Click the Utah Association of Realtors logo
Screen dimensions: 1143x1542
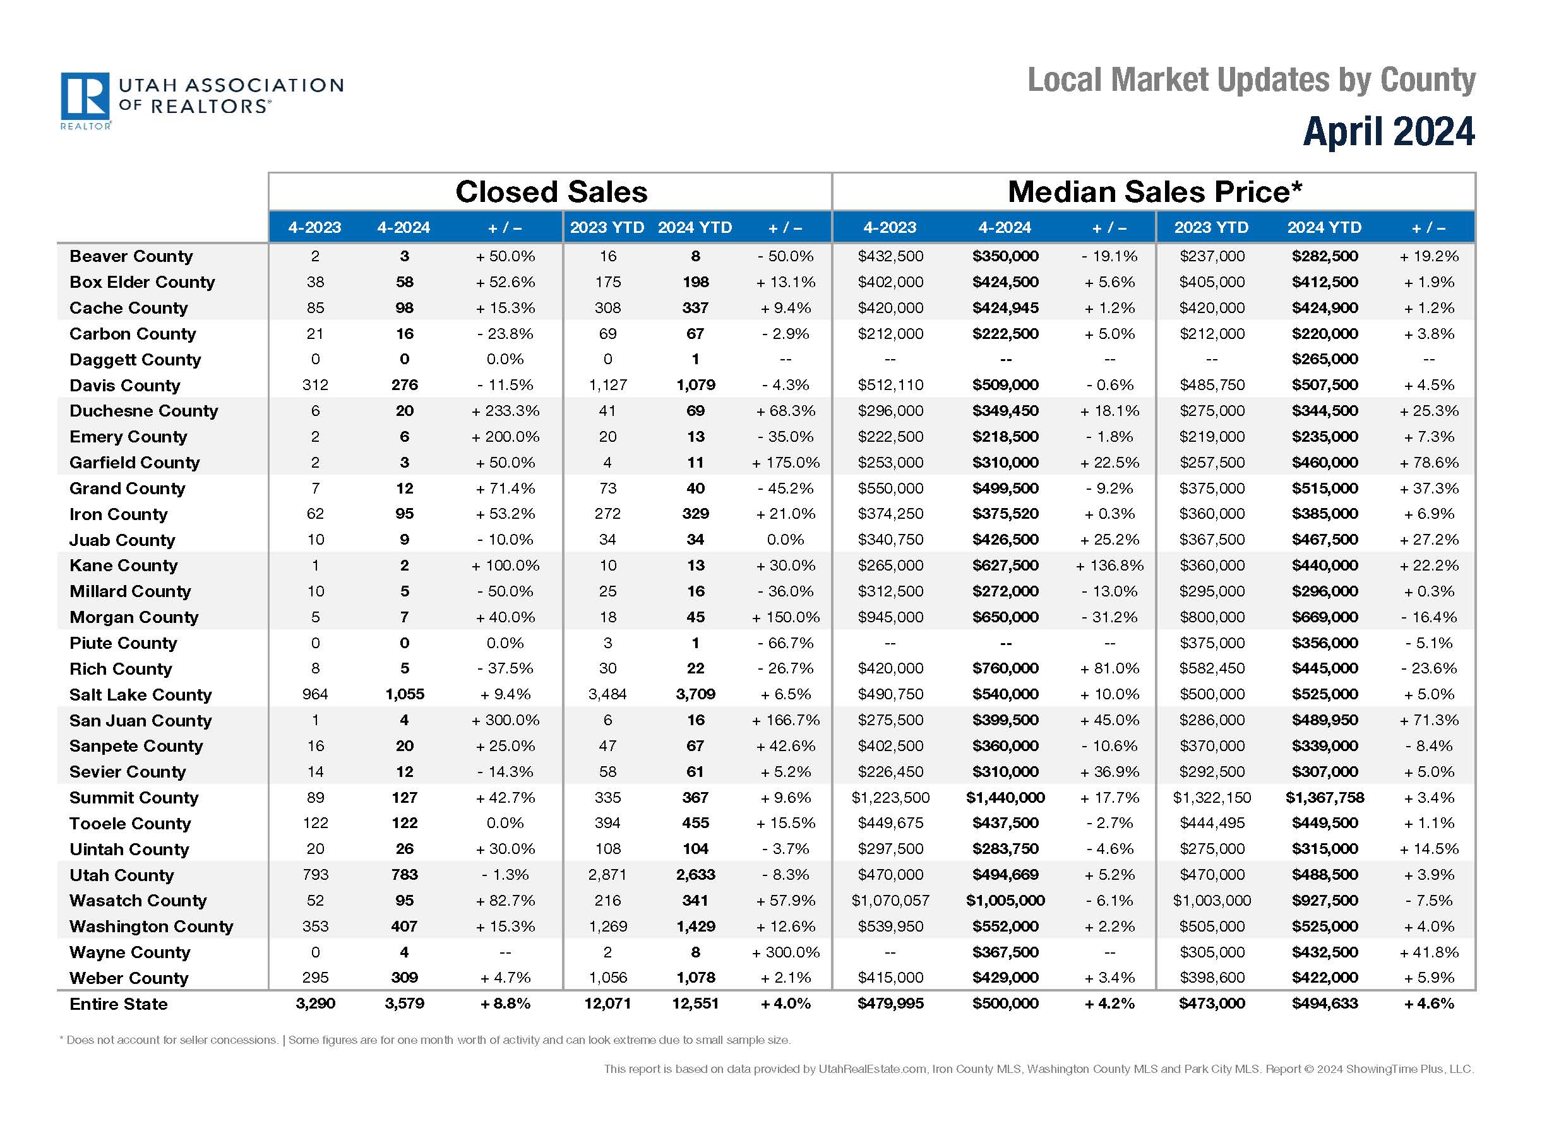pyautogui.click(x=201, y=100)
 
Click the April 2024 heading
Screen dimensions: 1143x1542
pyautogui.click(x=1388, y=131)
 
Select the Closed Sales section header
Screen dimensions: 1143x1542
pyautogui.click(x=551, y=192)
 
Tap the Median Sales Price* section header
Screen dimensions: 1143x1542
pyautogui.click(x=1154, y=192)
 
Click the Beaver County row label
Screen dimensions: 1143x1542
pyautogui.click(x=131, y=256)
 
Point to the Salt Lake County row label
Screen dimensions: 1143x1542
pyautogui.click(x=140, y=695)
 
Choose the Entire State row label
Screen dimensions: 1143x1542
pyautogui.click(x=118, y=1004)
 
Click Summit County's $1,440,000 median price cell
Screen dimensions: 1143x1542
pyautogui.click(x=1005, y=798)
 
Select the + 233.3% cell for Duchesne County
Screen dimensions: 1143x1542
pyautogui.click(x=505, y=411)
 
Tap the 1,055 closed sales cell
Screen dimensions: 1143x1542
pyautogui.click(x=404, y=694)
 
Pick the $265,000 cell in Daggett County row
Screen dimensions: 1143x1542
pyautogui.click(x=1324, y=359)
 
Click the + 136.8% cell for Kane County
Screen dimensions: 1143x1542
pyautogui.click(x=1109, y=566)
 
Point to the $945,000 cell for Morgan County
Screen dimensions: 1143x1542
pyautogui.click(x=890, y=617)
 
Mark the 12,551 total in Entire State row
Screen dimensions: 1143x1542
pyautogui.click(x=695, y=1004)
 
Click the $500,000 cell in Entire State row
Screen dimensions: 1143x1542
pyautogui.click(x=1005, y=1004)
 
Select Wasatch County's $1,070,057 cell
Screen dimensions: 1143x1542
pyautogui.click(x=890, y=900)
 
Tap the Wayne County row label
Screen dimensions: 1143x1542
pyautogui.click(x=129, y=952)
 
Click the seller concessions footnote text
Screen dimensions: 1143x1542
pyautogui.click(x=425, y=1040)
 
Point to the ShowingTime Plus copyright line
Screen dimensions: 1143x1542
pyautogui.click(x=1038, y=1069)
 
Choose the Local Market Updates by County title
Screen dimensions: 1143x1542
pyautogui.click(x=1251, y=80)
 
